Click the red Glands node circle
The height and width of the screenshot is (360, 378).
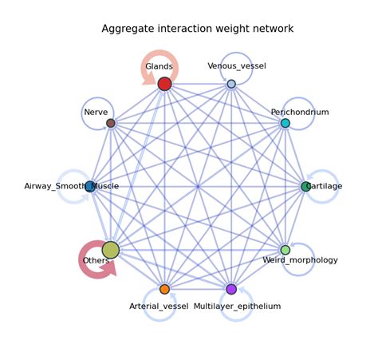164,84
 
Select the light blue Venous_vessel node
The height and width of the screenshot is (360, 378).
231,84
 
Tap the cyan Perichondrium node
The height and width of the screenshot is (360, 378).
285,123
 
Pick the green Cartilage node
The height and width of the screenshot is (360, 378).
305,186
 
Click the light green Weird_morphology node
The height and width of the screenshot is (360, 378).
285,250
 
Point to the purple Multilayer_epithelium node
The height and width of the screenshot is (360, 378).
231,289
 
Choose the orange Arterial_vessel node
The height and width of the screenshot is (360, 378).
164,289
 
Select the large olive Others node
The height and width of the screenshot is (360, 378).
111,250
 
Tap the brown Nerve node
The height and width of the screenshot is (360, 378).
111,123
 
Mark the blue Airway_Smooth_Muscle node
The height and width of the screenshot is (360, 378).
90,187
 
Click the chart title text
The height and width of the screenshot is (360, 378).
197,29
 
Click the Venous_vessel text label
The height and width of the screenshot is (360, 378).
236,65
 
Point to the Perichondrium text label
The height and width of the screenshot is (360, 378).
299,113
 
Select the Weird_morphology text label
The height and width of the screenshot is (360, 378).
300,260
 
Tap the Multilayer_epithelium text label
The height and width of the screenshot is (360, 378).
238,306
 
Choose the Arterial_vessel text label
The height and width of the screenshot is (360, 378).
159,306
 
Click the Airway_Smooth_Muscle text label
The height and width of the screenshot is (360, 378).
72,186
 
